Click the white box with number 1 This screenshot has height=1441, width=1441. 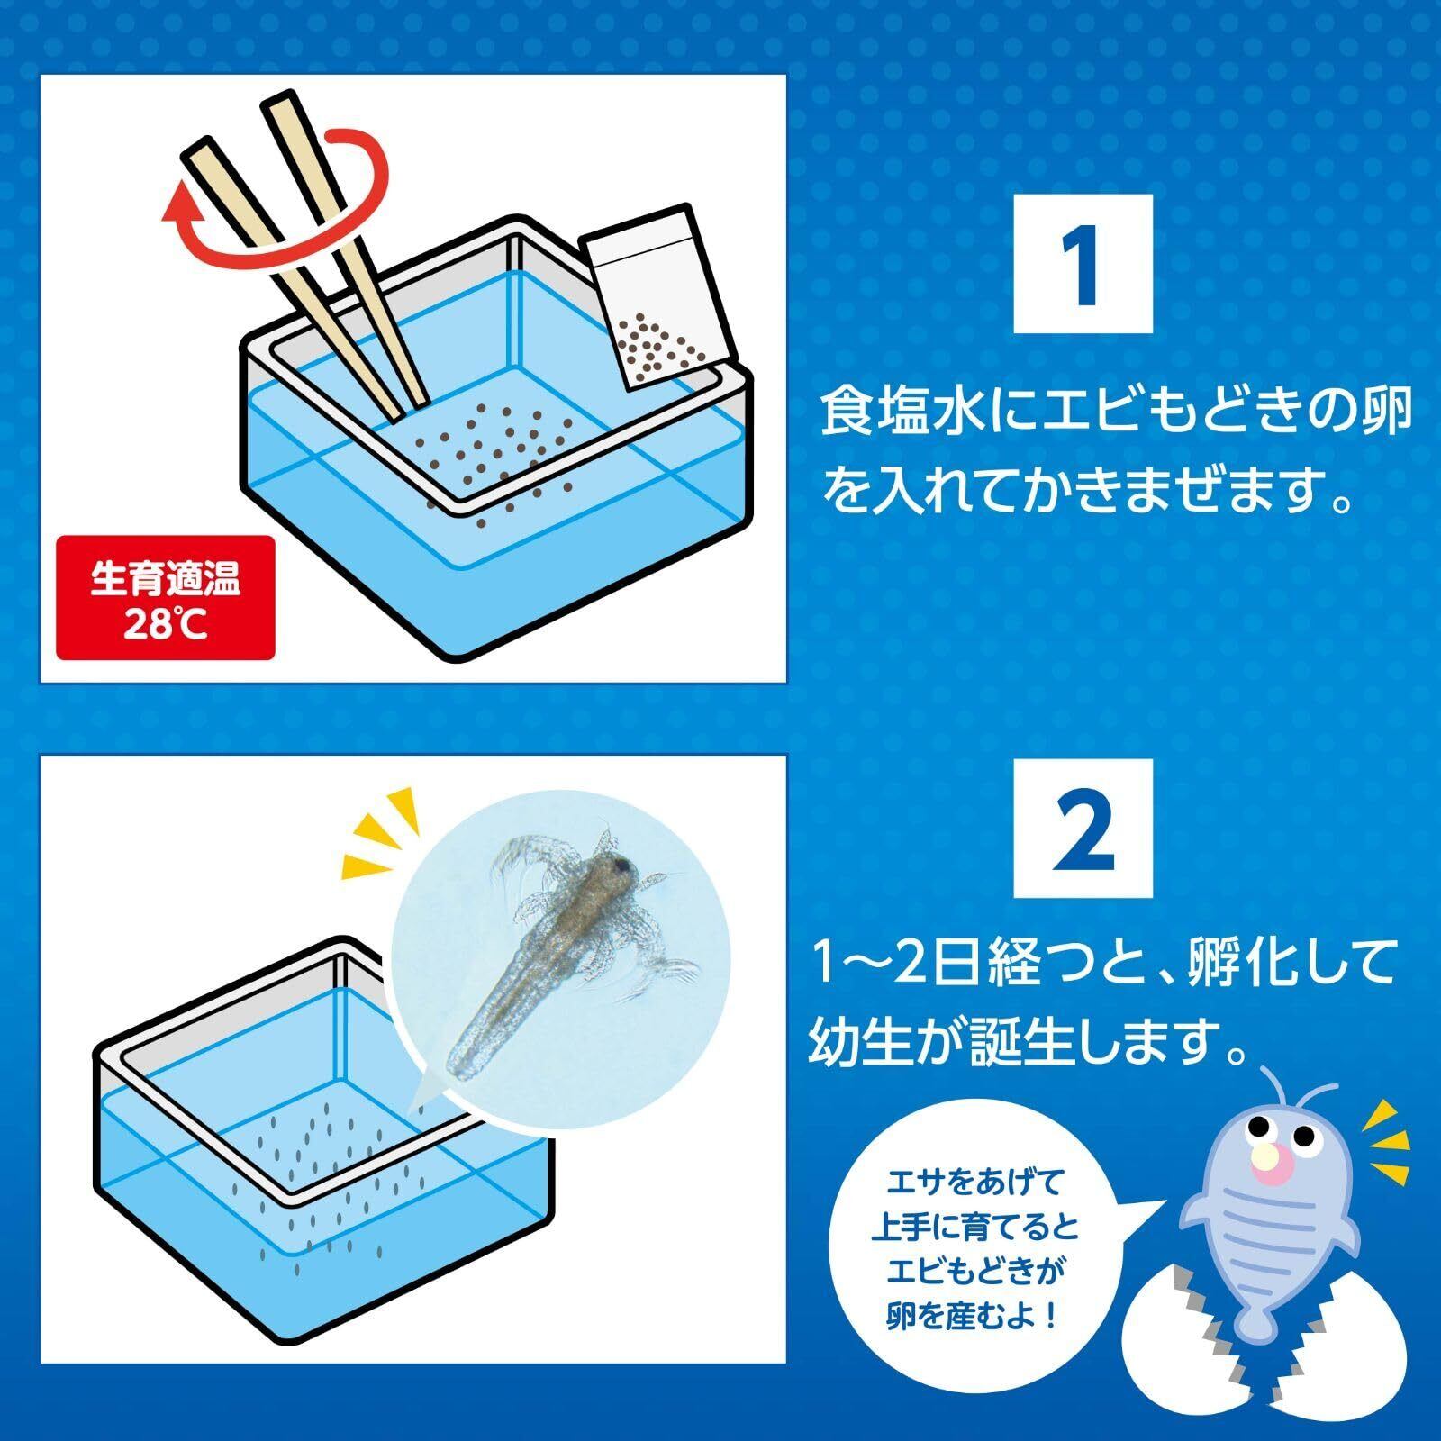pos(1083,264)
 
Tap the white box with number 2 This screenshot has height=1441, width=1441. pos(1083,828)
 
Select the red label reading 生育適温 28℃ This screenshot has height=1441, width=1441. pos(165,598)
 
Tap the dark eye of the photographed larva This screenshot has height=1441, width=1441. pos(621,866)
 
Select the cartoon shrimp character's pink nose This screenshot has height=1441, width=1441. pos(1273,1169)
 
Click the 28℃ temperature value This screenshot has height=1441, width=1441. pos(166,623)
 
